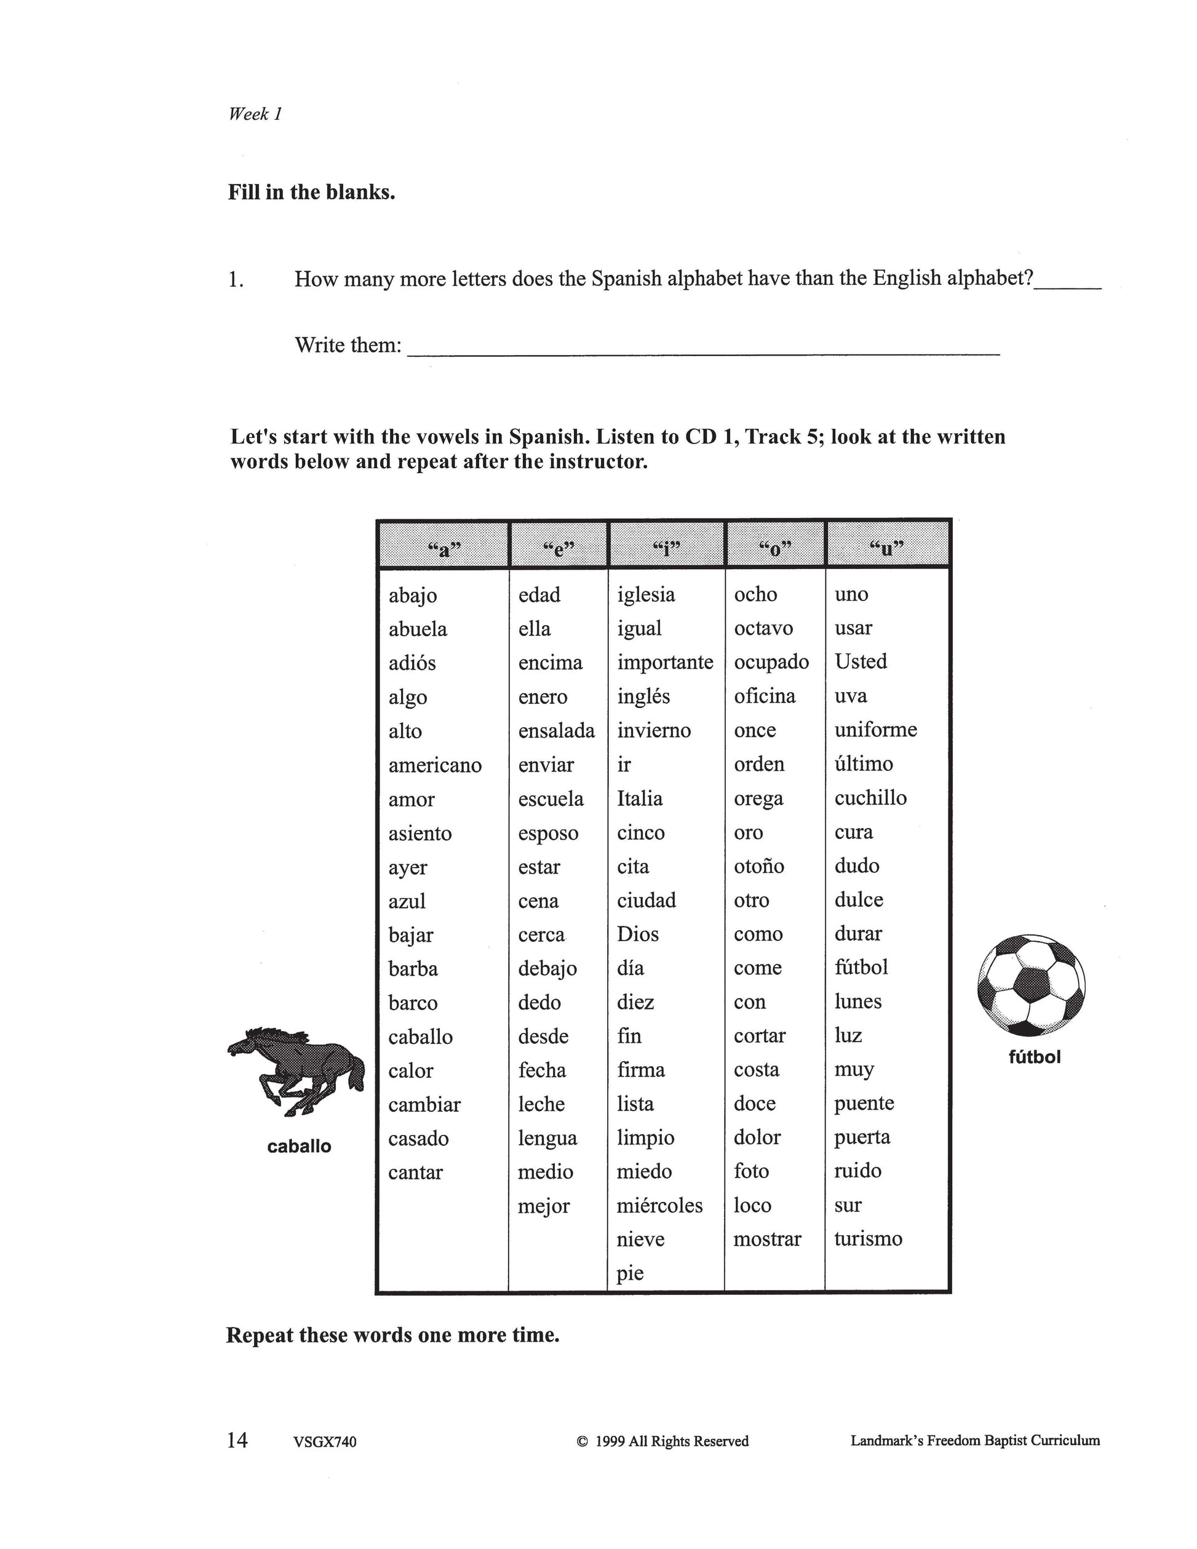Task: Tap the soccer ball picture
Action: (x=1031, y=984)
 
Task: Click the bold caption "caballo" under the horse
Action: (x=299, y=1146)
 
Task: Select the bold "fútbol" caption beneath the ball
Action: (x=1035, y=1057)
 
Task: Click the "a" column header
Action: (x=444, y=548)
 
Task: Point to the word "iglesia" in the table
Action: (x=646, y=594)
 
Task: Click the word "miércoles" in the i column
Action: (x=659, y=1205)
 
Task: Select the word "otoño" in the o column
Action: (x=759, y=866)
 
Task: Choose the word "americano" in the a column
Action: (x=435, y=765)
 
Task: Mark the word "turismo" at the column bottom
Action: (x=868, y=1238)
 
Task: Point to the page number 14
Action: (x=237, y=1439)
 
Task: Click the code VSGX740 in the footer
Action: (x=324, y=1442)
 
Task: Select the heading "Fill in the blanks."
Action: (x=311, y=192)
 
